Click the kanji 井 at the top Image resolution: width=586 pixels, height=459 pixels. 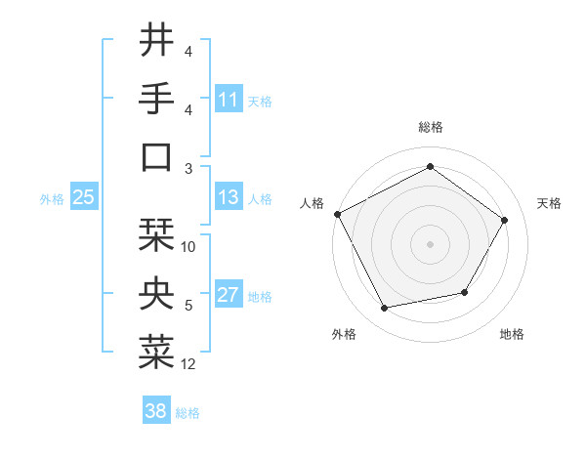click(x=157, y=41)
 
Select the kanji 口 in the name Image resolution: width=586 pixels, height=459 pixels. click(x=157, y=157)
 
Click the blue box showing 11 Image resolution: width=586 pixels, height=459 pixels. click(x=229, y=100)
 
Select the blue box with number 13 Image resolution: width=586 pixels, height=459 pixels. click(x=229, y=197)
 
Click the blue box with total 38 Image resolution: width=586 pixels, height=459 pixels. click(x=156, y=412)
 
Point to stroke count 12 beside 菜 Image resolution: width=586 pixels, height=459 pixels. click(x=188, y=364)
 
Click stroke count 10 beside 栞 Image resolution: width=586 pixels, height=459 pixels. click(x=188, y=247)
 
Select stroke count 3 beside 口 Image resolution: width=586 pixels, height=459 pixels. click(x=188, y=168)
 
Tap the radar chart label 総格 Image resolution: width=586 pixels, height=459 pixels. click(x=430, y=127)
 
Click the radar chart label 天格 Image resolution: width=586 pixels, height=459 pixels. click(x=549, y=203)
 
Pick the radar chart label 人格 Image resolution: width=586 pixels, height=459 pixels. click(x=313, y=203)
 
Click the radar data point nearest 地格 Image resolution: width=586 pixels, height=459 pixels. click(x=465, y=292)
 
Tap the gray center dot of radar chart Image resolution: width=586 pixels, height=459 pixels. click(x=430, y=243)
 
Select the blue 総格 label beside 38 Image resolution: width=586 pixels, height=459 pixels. click(x=188, y=413)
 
